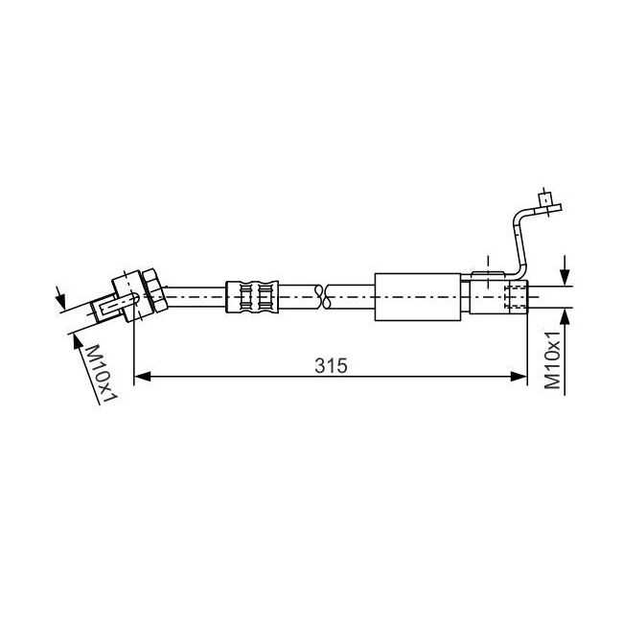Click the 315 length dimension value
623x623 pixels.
click(331, 365)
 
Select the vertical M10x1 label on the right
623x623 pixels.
click(552, 359)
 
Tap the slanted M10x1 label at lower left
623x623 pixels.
click(101, 374)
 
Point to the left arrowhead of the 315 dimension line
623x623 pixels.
click(143, 377)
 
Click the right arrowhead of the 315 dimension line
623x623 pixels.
click(519, 377)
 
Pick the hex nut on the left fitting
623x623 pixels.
click(154, 290)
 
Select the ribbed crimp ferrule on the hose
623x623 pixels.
click(252, 297)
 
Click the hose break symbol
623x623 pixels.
click(322, 297)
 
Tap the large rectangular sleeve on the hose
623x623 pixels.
click(418, 297)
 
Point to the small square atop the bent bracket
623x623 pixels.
click(544, 198)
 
